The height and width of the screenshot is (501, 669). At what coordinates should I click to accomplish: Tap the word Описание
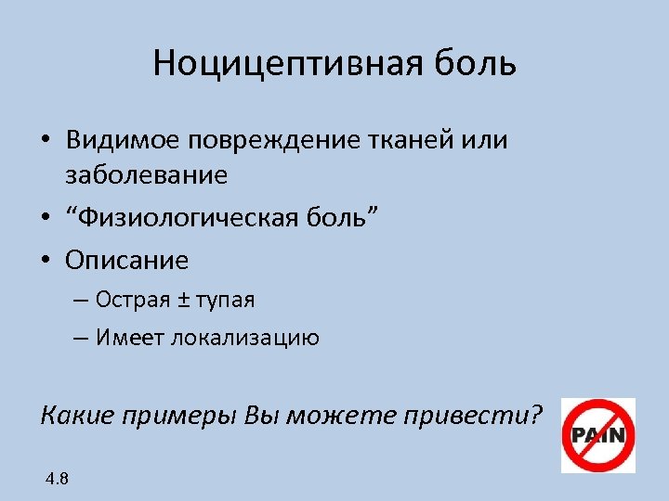point(126,260)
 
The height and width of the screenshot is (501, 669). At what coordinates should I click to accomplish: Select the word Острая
point(127,300)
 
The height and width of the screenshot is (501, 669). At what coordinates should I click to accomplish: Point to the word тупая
point(224,301)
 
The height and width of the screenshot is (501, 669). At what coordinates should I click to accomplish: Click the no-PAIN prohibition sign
point(597,435)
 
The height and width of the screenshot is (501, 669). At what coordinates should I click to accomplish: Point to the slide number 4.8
point(56,479)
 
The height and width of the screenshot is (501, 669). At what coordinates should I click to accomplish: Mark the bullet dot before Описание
point(46,261)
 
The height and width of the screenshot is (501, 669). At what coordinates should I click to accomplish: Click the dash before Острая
point(78,301)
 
